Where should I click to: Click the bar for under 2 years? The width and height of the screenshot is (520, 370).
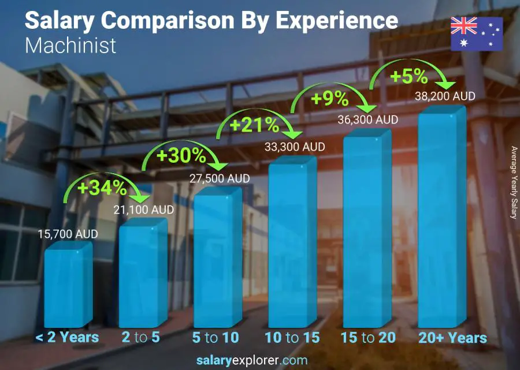68,286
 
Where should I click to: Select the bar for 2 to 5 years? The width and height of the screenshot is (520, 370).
142,274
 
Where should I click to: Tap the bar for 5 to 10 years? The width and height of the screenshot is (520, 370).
217,260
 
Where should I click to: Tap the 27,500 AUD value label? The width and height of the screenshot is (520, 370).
220,179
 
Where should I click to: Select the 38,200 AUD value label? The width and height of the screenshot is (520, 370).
445,96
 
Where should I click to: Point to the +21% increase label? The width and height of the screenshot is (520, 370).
254,125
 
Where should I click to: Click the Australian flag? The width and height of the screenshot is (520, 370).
477,33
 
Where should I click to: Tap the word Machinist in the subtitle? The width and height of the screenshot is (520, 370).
71,45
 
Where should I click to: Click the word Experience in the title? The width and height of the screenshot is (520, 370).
337,21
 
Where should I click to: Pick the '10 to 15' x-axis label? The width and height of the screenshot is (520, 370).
292,337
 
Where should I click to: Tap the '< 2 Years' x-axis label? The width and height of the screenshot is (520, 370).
68,337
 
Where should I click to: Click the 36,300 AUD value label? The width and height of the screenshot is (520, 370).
368,120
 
